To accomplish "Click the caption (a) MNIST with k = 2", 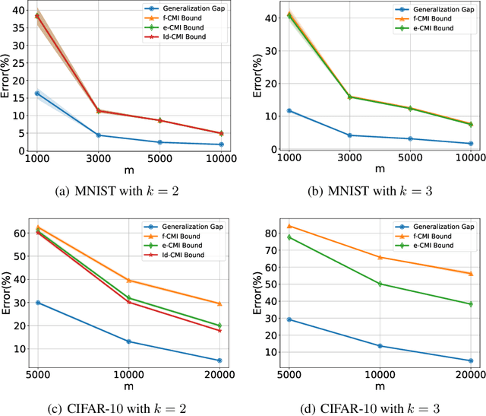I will (128, 192).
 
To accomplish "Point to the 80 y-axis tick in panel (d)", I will (268, 230).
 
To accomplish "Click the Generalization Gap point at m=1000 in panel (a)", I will (37, 94).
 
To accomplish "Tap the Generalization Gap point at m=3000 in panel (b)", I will (349, 135).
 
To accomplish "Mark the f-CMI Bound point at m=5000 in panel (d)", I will (289, 226).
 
